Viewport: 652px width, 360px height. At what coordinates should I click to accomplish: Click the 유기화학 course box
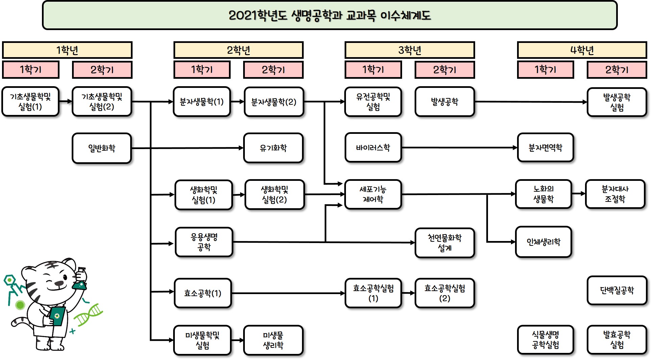[x=273, y=148]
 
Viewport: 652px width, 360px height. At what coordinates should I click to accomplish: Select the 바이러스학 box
[x=373, y=148]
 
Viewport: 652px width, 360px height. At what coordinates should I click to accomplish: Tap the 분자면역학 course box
[x=545, y=148]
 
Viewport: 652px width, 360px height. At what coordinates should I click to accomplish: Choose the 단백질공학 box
[x=617, y=290]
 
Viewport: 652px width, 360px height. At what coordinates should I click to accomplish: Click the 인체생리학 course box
[x=543, y=242]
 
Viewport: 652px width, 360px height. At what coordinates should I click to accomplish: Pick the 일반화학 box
[x=101, y=148]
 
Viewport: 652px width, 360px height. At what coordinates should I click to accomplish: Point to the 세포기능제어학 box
[x=373, y=194]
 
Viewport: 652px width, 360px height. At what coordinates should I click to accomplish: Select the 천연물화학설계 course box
[x=444, y=243]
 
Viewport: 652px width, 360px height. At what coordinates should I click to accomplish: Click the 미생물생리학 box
[x=273, y=340]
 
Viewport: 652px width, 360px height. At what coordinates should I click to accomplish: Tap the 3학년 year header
[x=410, y=50]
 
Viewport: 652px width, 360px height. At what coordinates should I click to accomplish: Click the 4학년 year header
[x=582, y=50]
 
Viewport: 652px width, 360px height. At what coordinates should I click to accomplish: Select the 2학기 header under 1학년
[x=102, y=70]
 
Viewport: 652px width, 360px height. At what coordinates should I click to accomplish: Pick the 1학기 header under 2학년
[x=202, y=70]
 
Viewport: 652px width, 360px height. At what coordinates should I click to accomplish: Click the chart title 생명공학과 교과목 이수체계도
[x=329, y=15]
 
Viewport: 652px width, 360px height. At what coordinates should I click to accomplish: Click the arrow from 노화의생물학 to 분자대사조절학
[x=578, y=194]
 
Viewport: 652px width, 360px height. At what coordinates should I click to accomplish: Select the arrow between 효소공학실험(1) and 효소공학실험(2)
[x=408, y=293]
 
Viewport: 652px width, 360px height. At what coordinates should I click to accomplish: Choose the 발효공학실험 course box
[x=617, y=340]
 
